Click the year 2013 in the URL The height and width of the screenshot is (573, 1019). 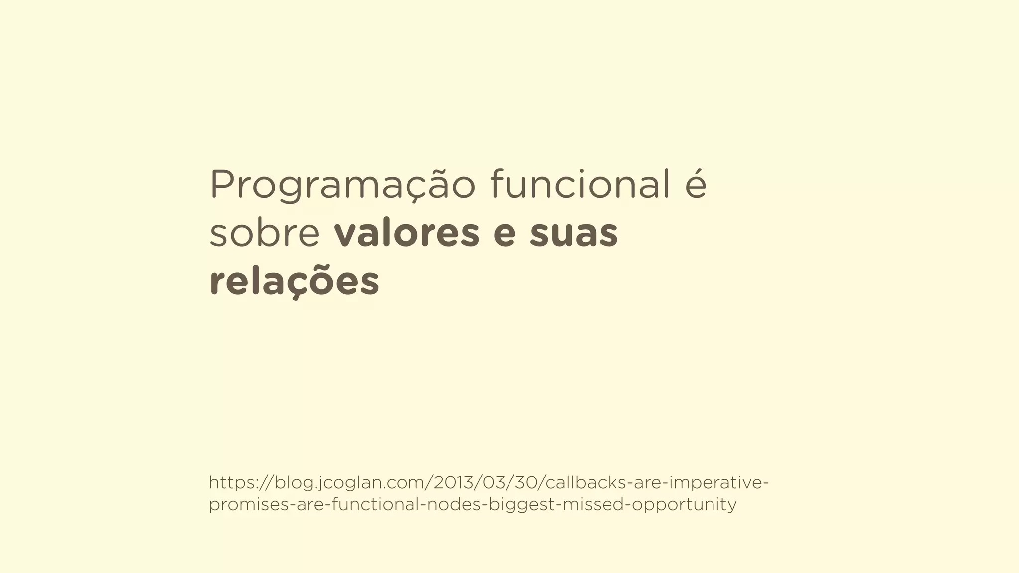pos(453,482)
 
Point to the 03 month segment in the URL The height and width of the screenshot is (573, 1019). pos(493,482)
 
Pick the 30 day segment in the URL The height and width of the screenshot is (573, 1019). pos(527,482)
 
